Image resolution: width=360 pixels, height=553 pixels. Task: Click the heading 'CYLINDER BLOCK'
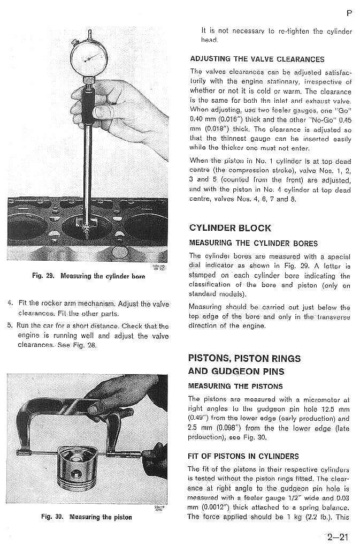pyautogui.click(x=230, y=228)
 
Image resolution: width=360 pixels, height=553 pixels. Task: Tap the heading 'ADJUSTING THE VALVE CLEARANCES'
pyautogui.click(x=257, y=59)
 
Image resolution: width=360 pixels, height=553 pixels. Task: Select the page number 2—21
pyautogui.click(x=339, y=536)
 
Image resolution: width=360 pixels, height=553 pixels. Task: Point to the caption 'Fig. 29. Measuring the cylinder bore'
pyautogui.click(x=88, y=276)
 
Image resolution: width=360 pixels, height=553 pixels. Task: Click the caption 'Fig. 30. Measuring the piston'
pyautogui.click(x=86, y=517)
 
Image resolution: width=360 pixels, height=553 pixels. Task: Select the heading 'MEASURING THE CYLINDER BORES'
pyautogui.click(x=253, y=244)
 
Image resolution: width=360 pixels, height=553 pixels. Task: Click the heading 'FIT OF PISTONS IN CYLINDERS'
pyautogui.click(x=243, y=457)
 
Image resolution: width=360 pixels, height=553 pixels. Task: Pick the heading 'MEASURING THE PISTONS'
pyautogui.click(x=236, y=386)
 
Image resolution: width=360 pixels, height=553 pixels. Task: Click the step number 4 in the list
pyautogui.click(x=10, y=304)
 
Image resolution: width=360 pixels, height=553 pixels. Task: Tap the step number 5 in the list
pyautogui.click(x=10, y=325)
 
